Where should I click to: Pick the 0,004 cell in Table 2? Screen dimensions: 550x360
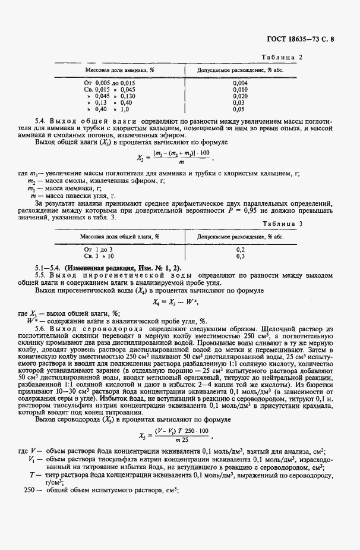(239, 83)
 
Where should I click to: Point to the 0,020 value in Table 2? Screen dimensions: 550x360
(239, 96)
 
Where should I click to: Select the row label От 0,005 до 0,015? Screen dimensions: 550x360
(110, 83)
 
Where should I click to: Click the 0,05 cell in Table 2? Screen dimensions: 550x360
(239, 109)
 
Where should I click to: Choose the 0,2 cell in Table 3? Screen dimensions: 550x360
(240, 249)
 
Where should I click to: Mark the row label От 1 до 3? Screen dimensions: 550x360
(97, 249)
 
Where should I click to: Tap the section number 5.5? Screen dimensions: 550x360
(40, 276)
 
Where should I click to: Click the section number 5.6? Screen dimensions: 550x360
(40, 328)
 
